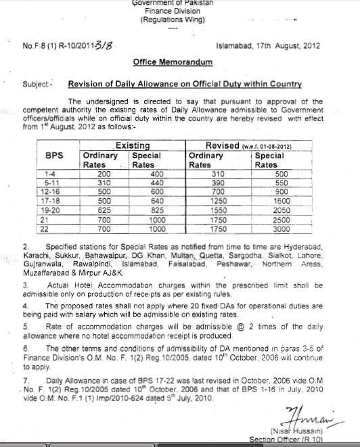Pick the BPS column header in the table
[x=54, y=155]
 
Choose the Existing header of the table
[x=133, y=146]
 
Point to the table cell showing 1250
[x=216, y=201]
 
